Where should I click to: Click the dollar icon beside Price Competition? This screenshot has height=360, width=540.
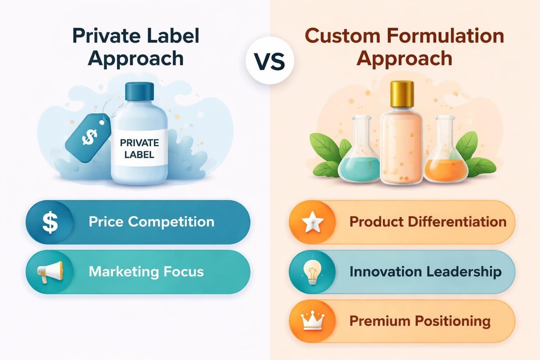click(x=47, y=222)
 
